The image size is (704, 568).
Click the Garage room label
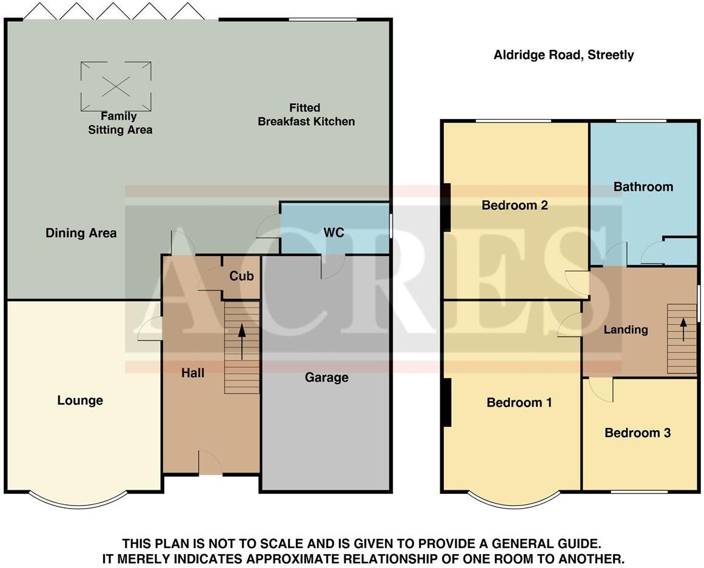tap(326, 377)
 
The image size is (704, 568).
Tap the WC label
tap(334, 233)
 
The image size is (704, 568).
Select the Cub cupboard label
tap(241, 276)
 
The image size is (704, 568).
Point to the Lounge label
tap(80, 401)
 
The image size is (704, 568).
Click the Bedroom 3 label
tap(637, 433)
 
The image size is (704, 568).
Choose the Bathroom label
tap(643, 187)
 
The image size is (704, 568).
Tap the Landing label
tap(626, 330)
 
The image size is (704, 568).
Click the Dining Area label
tap(81, 233)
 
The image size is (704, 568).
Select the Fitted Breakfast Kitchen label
tap(306, 115)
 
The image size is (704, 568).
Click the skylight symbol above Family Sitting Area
tap(115, 86)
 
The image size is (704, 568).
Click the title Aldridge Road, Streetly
tap(563, 55)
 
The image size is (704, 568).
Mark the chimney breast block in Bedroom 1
tap(447, 402)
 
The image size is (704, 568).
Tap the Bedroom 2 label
tap(515, 205)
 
